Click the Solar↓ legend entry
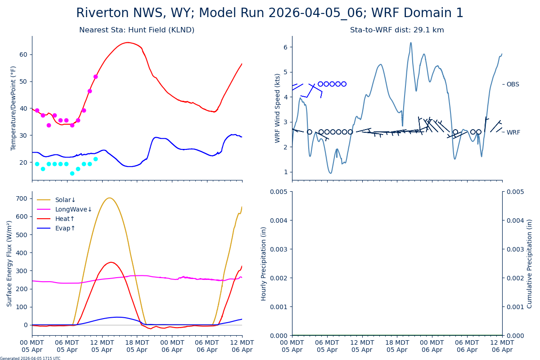pyautogui.click(x=65, y=200)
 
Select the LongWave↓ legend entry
pyautogui.click(x=73, y=209)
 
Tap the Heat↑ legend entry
pyautogui.click(x=65, y=219)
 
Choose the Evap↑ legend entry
pyautogui.click(x=65, y=228)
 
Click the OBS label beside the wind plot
pyautogui.click(x=513, y=84)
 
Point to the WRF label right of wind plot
pyautogui.click(x=513, y=132)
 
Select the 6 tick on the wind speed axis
pyautogui.click(x=286, y=47)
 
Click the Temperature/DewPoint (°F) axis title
pyautogui.click(x=13, y=108)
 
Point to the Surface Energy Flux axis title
pyautogui.click(x=9, y=263)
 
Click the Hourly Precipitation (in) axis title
pyautogui.click(x=264, y=263)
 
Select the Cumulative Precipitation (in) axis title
pyautogui.click(x=530, y=263)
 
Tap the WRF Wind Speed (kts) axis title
pyautogui.click(x=277, y=108)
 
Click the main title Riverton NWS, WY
pyautogui.click(x=270, y=13)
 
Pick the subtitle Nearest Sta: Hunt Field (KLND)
pyautogui.click(x=137, y=30)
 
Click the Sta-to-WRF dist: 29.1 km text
pyautogui.click(x=397, y=30)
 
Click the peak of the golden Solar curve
pyautogui.click(x=109, y=198)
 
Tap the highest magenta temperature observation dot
pyautogui.click(x=95, y=76)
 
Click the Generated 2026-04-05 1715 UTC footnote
pyautogui.click(x=30, y=359)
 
